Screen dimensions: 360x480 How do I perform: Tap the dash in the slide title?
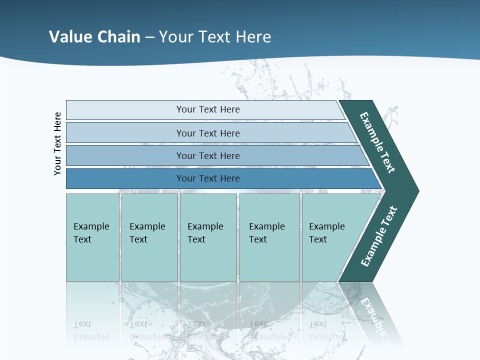click(149, 37)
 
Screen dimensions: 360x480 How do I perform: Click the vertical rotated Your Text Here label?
click(57, 143)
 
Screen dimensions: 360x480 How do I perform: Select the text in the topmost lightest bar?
click(208, 109)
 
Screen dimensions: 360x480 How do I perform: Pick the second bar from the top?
click(208, 133)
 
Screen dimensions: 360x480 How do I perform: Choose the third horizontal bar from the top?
click(208, 155)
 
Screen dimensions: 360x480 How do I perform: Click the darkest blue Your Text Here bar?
click(208, 178)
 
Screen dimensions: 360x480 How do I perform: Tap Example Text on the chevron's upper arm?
click(378, 142)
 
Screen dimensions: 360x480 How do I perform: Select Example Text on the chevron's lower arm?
click(378, 236)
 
